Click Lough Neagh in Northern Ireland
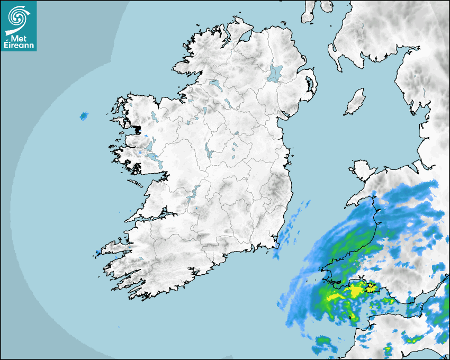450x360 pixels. [275, 73]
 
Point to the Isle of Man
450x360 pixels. [355, 102]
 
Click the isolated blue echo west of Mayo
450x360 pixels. [83, 115]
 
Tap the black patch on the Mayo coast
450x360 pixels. [138, 128]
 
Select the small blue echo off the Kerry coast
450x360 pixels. [98, 251]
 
